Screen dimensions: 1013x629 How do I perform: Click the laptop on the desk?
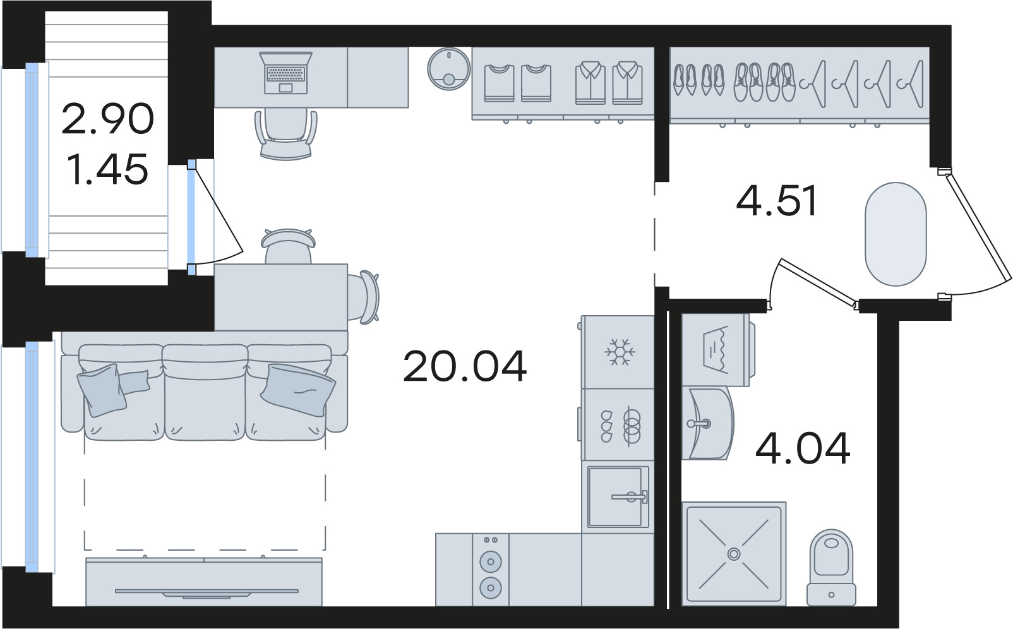286,73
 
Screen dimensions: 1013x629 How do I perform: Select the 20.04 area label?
465,366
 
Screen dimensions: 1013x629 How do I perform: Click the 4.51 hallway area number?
776,200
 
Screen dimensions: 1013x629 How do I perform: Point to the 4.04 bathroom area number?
803,448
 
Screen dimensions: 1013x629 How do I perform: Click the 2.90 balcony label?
107,119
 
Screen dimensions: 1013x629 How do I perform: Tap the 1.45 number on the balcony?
107,169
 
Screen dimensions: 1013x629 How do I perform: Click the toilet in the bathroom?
831,567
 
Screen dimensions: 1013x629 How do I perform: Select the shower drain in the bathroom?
733,553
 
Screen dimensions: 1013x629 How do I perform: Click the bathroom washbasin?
707,423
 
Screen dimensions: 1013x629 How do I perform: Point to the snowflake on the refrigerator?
620,351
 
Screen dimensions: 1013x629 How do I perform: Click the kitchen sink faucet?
630,496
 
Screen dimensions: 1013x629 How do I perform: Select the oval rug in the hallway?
896,234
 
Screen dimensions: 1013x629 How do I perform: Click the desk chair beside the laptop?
286,133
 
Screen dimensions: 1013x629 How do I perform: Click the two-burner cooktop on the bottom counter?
491,569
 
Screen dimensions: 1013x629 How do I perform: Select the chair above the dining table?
287,246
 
